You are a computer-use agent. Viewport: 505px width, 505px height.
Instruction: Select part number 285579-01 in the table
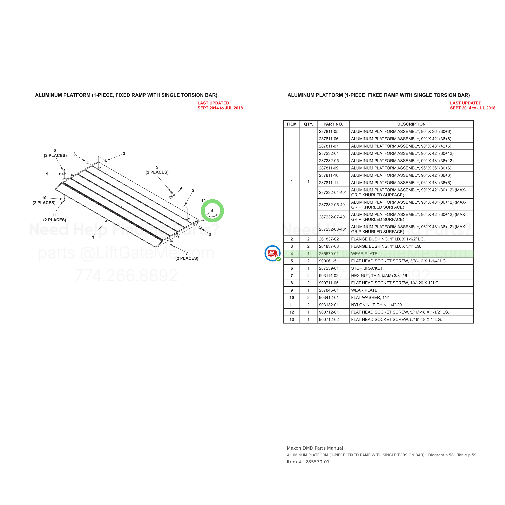329,254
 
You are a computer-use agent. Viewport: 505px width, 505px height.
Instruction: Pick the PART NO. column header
333,124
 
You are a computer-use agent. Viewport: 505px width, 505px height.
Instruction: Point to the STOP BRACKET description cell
367,268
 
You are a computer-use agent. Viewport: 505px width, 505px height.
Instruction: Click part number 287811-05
329,132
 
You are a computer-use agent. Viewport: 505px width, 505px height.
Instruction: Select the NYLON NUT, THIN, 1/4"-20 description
376,305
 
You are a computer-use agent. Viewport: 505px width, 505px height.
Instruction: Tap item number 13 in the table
291,319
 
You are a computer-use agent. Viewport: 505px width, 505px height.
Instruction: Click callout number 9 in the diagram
47,174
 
